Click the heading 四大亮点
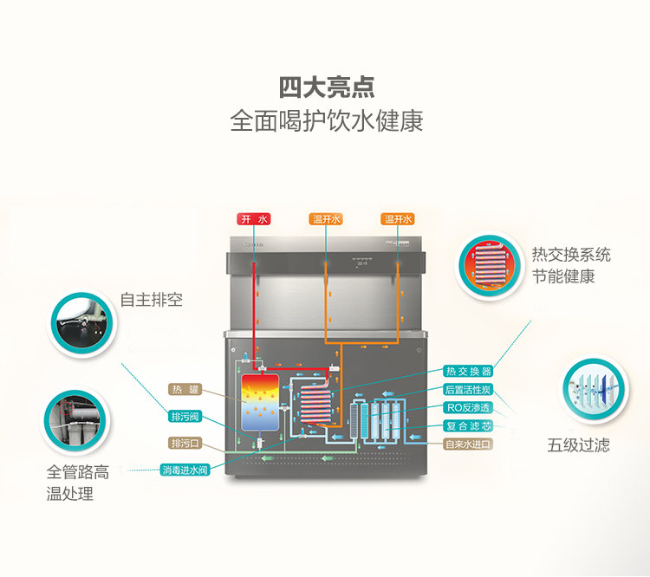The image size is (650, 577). point(327,88)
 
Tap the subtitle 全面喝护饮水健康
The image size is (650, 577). point(327,120)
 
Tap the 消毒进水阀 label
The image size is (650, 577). point(185,470)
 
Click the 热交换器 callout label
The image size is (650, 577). point(468,371)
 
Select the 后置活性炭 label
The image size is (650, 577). point(468,389)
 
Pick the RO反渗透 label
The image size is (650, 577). point(468,407)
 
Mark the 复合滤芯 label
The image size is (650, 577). point(468,425)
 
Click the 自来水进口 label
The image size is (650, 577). point(468,444)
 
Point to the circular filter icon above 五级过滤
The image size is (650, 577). point(593,388)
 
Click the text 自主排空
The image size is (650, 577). point(152,301)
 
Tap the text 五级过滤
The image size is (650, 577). point(578,445)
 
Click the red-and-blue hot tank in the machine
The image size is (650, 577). point(258,403)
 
